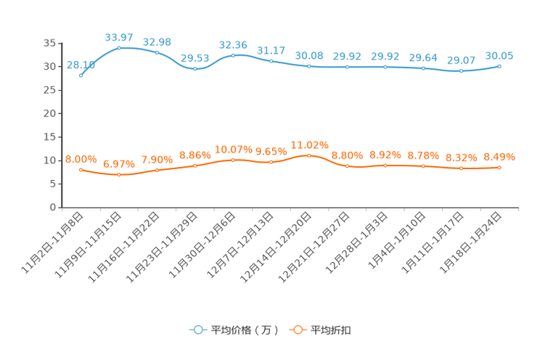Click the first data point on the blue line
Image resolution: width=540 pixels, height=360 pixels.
click(81, 75)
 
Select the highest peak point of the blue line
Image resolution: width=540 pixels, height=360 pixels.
click(119, 47)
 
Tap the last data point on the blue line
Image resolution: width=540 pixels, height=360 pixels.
click(499, 66)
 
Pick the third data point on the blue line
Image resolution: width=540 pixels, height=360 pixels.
click(157, 52)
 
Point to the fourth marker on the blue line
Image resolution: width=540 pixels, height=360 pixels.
click(195, 69)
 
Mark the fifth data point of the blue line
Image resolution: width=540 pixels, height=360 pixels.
click(233, 54)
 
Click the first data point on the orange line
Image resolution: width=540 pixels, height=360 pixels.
click(81, 169)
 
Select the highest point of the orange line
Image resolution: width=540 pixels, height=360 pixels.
click(309, 155)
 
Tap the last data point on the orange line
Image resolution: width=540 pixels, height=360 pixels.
click(499, 167)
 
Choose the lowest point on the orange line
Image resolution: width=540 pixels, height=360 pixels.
click(119, 174)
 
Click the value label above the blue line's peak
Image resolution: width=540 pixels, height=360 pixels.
click(119, 36)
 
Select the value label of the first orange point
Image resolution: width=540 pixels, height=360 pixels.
click(81, 158)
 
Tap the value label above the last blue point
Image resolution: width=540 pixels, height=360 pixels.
click(499, 55)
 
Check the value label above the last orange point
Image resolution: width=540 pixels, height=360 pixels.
click(499, 156)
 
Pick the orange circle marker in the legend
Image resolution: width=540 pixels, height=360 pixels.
click(296, 330)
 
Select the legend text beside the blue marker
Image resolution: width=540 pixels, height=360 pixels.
click(244, 330)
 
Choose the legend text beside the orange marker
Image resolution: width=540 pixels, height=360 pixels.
click(331, 330)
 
